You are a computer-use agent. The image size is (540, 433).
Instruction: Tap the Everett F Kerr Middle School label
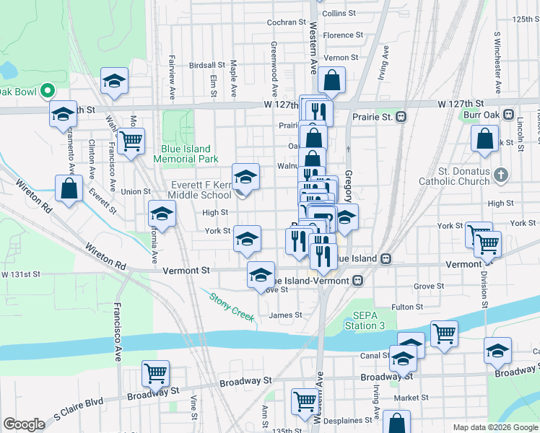click(199, 190)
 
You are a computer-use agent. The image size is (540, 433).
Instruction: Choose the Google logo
click(24, 424)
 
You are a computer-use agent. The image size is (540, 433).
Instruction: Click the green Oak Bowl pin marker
click(48, 91)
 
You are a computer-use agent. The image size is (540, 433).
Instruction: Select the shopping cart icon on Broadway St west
click(155, 373)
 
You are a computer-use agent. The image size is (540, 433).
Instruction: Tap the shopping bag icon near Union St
click(69, 189)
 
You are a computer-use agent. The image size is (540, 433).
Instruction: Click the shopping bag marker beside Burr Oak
click(484, 138)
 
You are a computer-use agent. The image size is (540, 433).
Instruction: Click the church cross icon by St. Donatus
click(503, 175)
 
